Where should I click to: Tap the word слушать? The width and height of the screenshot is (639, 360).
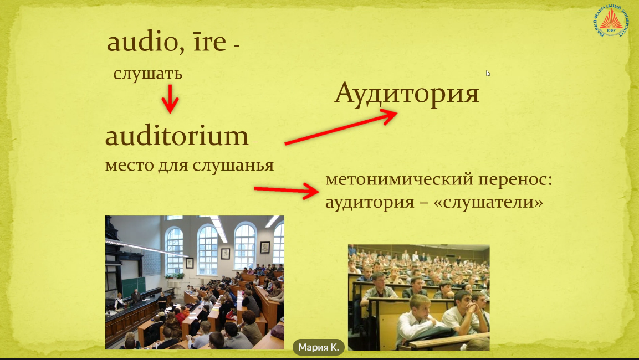[148, 74]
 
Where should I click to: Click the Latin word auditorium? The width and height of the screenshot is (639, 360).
[176, 137]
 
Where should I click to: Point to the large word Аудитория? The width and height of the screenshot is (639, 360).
[406, 94]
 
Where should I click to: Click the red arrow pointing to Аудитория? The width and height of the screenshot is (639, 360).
[340, 128]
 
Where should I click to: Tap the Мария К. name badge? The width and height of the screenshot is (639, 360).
[319, 347]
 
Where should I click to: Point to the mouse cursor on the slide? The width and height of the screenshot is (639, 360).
[488, 73]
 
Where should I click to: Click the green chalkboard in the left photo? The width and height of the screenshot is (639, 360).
[134, 286]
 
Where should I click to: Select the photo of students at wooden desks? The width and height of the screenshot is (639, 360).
[418, 297]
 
